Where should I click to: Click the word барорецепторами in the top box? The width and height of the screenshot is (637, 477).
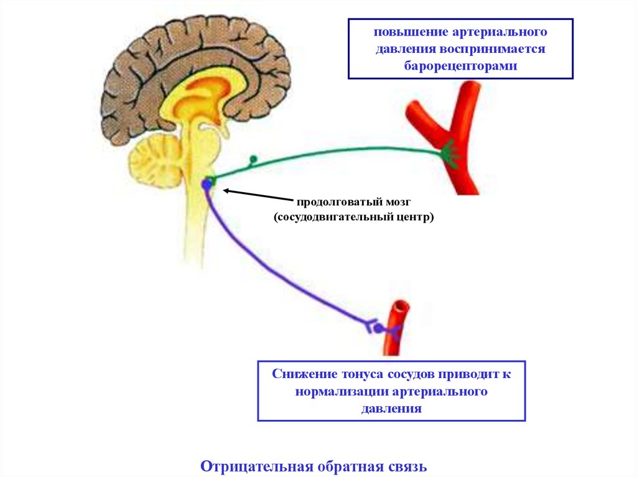click(460, 65)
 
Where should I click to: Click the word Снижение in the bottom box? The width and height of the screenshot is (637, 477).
click(303, 375)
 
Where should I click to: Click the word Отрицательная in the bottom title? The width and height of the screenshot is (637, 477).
click(257, 466)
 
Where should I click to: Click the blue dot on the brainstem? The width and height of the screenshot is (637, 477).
click(207, 184)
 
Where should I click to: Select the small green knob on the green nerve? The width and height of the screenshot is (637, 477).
click(253, 160)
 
